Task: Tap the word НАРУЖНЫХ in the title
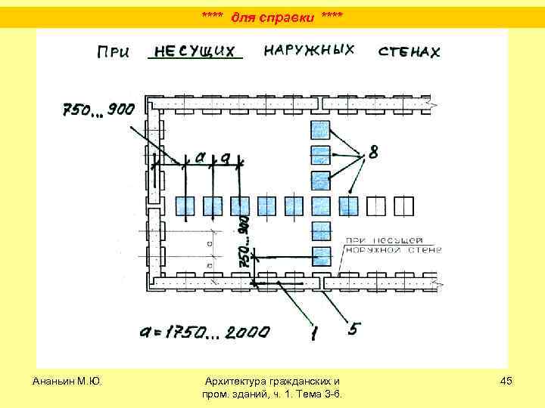(x=310, y=50)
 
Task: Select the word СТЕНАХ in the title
(x=409, y=51)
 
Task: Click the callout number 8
(x=373, y=156)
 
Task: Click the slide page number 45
(x=506, y=381)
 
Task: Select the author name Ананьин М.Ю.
(x=68, y=381)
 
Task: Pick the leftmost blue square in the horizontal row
(x=185, y=206)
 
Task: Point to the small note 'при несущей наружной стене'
(x=389, y=246)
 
